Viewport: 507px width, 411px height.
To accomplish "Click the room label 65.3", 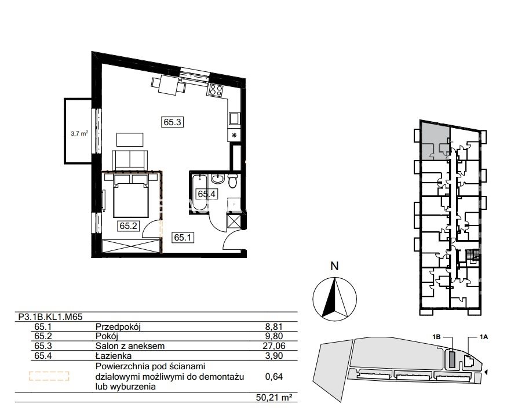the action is point(172,122).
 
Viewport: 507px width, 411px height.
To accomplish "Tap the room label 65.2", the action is point(129,225).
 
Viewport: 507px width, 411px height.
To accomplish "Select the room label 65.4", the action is point(207,194).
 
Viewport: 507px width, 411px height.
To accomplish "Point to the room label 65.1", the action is point(183,237).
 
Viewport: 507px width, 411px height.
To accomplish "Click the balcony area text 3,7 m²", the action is point(79,133).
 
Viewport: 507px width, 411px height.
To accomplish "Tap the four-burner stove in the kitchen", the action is point(216,89).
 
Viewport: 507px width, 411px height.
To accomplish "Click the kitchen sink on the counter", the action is point(234,118).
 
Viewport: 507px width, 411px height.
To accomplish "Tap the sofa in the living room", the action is point(130,160).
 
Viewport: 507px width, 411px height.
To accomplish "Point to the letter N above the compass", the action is point(334,266).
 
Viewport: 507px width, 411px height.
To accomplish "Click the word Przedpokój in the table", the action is point(118,327).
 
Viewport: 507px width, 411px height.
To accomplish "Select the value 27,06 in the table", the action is point(274,346).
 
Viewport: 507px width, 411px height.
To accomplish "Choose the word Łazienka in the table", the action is point(114,356).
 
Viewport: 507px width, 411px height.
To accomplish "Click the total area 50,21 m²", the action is point(272,398).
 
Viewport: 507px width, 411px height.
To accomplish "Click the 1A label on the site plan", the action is point(483,337).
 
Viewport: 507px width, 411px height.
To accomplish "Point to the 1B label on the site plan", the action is point(436,337).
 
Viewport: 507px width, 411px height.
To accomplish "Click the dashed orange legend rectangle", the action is point(49,376).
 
